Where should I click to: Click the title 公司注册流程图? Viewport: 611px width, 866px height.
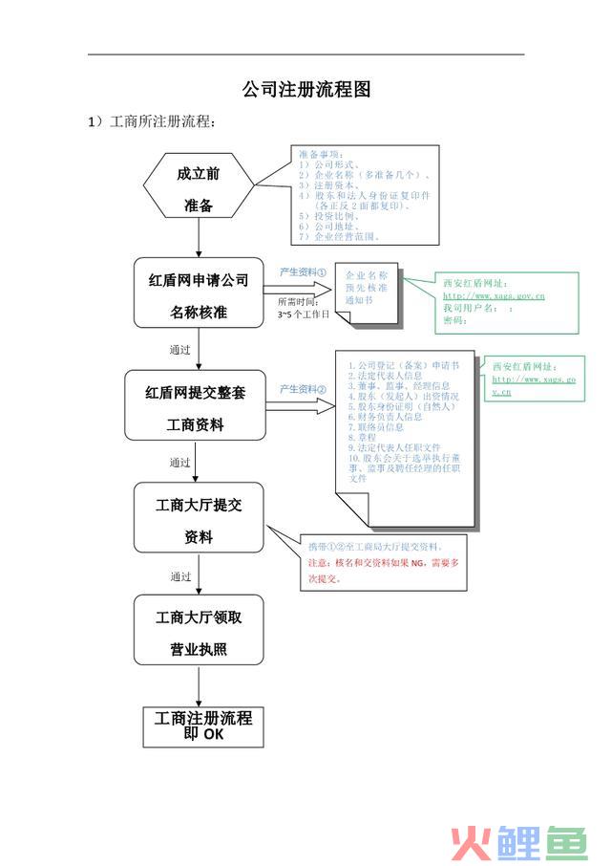[x=305, y=90]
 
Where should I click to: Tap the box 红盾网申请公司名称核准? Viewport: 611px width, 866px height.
[x=198, y=295]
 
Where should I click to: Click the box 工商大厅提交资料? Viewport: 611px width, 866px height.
[x=199, y=520]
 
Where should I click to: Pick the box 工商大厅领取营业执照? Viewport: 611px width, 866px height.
[x=199, y=634]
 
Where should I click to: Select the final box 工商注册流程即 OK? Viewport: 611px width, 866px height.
[x=202, y=726]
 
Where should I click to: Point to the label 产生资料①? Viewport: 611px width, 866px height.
[x=303, y=272]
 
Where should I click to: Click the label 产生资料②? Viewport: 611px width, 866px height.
[x=303, y=389]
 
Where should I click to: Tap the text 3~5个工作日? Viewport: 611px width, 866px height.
[x=303, y=314]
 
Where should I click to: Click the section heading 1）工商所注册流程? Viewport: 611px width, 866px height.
[x=154, y=122]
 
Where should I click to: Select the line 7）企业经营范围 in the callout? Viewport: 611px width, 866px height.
[x=341, y=236]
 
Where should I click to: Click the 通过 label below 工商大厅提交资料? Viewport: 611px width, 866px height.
[x=180, y=577]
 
